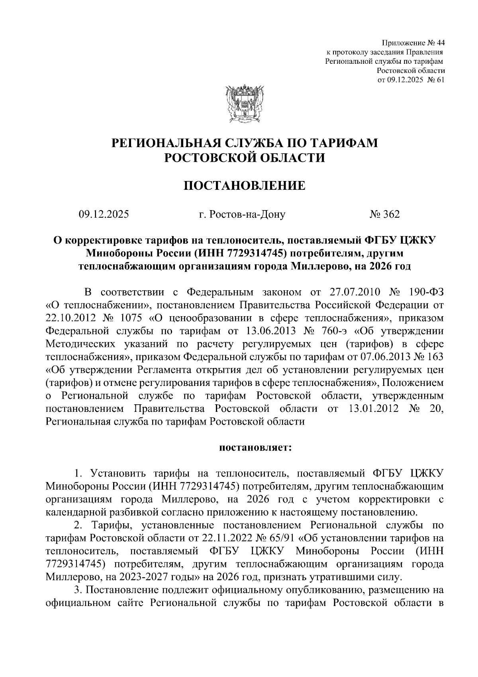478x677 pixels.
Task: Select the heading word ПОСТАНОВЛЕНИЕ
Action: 244,186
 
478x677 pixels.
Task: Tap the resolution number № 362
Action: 384,215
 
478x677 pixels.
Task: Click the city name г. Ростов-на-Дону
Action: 242,215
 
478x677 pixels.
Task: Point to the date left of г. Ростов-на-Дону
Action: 104,215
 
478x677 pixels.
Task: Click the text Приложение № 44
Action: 413,43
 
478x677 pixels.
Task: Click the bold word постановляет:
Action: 255,447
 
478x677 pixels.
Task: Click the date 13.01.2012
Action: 374,409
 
